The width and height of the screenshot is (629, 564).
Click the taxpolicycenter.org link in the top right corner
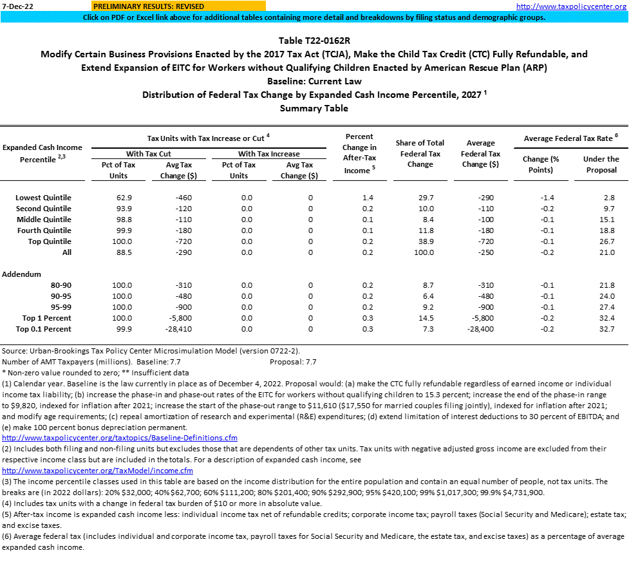pyautogui.click(x=571, y=6)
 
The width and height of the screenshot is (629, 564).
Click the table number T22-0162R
pyautogui.click(x=314, y=41)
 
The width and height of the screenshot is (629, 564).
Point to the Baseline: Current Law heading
pyautogui.click(x=314, y=81)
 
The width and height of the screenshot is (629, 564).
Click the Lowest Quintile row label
pyautogui.click(x=43, y=198)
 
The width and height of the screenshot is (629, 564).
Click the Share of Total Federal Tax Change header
pyautogui.click(x=420, y=153)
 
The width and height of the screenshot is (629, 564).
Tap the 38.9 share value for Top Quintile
pyautogui.click(x=426, y=241)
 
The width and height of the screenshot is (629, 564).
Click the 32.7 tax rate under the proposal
pyautogui.click(x=606, y=329)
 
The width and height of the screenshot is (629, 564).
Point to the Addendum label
pyautogui.click(x=21, y=274)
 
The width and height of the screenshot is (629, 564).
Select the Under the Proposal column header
pyautogui.click(x=601, y=164)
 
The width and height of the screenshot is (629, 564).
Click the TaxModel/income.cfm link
pyautogui.click(x=97, y=471)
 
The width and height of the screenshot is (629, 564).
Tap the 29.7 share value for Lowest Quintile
pyautogui.click(x=426, y=198)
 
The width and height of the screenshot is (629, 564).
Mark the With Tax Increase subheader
pyautogui.click(x=269, y=153)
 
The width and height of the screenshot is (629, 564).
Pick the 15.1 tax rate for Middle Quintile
pyautogui.click(x=606, y=220)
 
